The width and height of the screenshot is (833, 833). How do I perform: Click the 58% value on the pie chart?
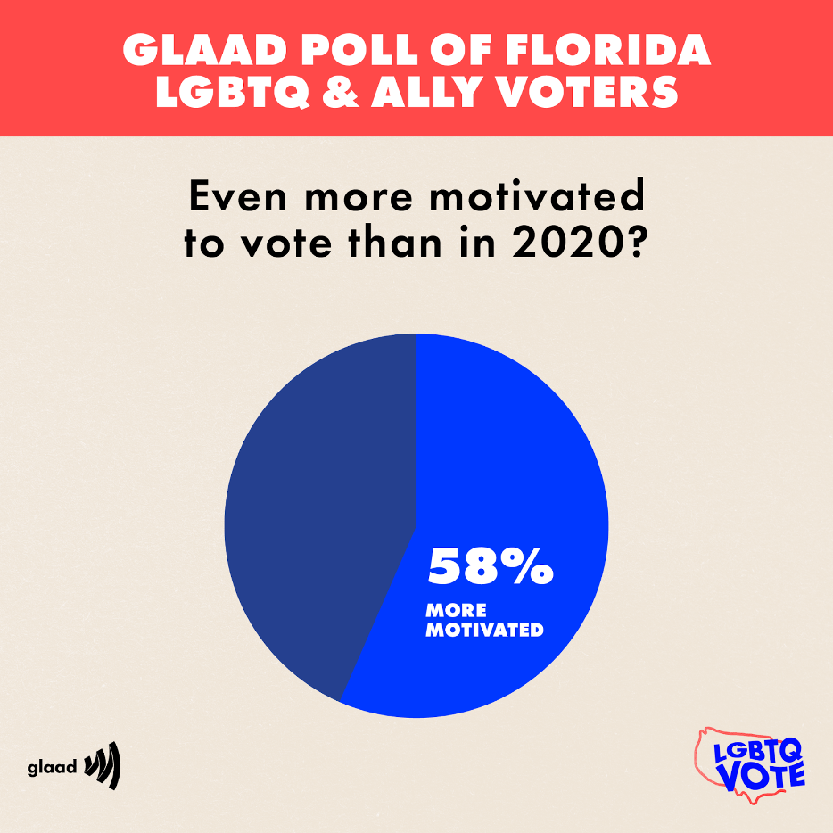click(x=490, y=566)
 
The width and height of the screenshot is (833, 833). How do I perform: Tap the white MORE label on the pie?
click(x=456, y=611)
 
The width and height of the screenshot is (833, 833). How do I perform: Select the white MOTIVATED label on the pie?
click(x=484, y=630)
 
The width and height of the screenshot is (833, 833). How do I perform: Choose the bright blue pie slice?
click(x=517, y=464)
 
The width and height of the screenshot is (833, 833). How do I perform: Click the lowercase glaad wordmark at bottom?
click(x=52, y=767)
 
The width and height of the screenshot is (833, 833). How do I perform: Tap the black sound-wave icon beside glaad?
click(x=102, y=767)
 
